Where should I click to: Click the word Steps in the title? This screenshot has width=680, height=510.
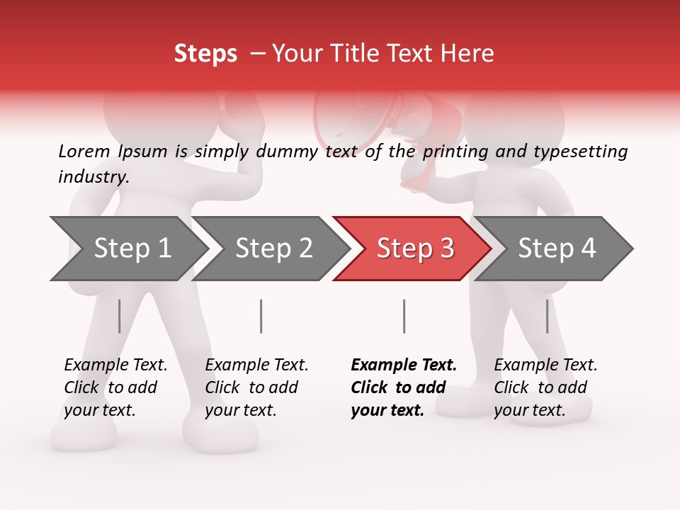pyautogui.click(x=205, y=54)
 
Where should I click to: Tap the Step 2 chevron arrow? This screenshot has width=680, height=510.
pyautogui.click(x=273, y=249)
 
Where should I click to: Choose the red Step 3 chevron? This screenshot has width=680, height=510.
pyautogui.click(x=414, y=249)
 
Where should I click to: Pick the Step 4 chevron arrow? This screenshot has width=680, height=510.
pyautogui.click(x=556, y=249)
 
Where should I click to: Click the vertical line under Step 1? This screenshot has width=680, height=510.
pyautogui.click(x=119, y=316)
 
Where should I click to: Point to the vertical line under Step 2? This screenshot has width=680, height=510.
pyautogui.click(x=261, y=316)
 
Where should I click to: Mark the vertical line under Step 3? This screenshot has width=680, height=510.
pyautogui.click(x=404, y=316)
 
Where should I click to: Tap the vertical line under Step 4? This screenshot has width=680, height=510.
pyautogui.click(x=547, y=316)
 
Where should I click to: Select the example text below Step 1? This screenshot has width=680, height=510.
pyautogui.click(x=115, y=387)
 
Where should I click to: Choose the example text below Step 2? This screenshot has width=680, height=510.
pyautogui.click(x=256, y=387)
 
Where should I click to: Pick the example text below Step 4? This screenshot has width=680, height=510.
pyautogui.click(x=545, y=387)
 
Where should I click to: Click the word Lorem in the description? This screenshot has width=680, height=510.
pyautogui.click(x=84, y=152)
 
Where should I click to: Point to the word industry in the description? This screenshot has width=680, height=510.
pyautogui.click(x=93, y=177)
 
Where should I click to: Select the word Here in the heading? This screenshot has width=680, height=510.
pyautogui.click(x=469, y=54)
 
